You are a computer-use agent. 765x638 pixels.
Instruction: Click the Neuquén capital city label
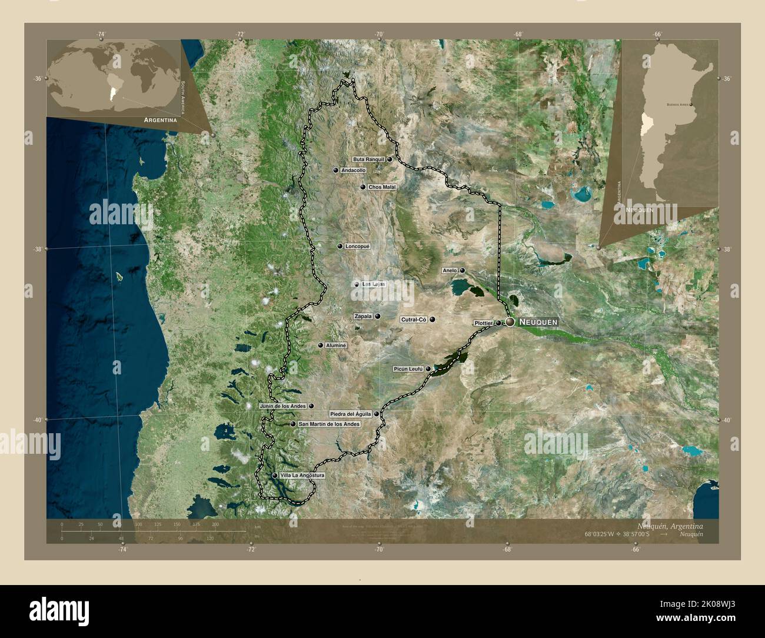(538, 323)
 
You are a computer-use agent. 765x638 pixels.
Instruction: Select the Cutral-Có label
(413, 320)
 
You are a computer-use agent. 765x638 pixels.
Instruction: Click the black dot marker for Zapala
(377, 316)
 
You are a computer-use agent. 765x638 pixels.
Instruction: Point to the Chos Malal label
(382, 187)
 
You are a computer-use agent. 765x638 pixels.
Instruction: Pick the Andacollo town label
(353, 170)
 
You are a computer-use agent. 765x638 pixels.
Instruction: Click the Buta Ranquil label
(368, 159)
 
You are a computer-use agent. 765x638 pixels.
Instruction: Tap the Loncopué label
(357, 246)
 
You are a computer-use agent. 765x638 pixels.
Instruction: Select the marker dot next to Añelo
(463, 271)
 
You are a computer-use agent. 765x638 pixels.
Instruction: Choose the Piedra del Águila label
(350, 414)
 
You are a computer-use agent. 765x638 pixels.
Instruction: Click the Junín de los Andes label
(283, 406)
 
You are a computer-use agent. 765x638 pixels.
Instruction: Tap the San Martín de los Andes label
(328, 424)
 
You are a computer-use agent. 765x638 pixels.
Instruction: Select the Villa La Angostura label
(302, 475)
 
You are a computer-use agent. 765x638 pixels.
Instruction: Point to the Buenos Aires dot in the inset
(691, 104)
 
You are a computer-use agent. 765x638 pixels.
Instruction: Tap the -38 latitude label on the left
(37, 249)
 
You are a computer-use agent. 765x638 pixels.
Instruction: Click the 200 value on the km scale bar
(215, 524)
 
